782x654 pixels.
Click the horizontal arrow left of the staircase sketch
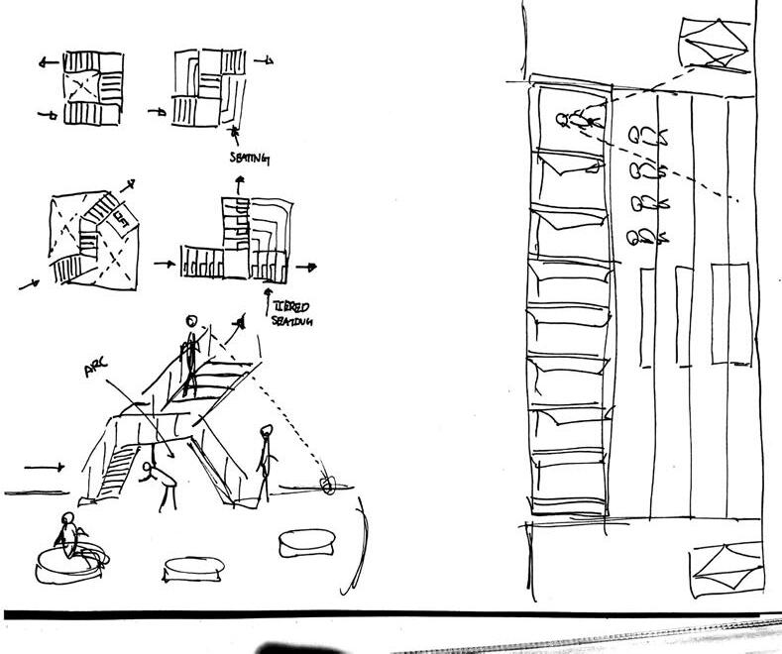pos(44,465)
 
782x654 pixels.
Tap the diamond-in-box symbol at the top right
pos(712,42)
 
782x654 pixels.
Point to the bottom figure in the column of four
pos(646,237)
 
